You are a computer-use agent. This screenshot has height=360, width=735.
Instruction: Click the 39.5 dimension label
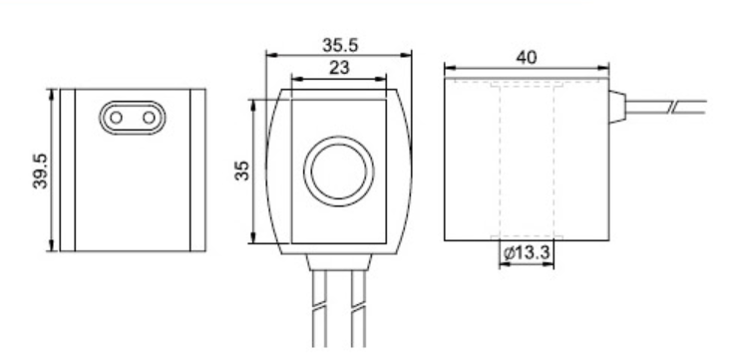(x=40, y=172)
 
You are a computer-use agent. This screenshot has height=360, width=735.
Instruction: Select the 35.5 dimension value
(x=340, y=46)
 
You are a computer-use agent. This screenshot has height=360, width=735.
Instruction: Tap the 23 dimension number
(x=339, y=68)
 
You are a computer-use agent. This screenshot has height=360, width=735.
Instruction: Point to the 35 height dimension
(x=242, y=171)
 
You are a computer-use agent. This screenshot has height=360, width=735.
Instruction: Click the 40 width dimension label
(x=527, y=57)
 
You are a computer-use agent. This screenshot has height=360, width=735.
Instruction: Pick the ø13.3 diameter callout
(x=527, y=253)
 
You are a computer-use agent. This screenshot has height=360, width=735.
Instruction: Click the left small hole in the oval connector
(x=117, y=118)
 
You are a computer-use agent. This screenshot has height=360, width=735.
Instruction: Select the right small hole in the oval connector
(x=149, y=118)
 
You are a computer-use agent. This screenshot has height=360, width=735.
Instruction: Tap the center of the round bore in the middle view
(x=339, y=172)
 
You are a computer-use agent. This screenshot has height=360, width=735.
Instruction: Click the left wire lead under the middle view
(x=320, y=309)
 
